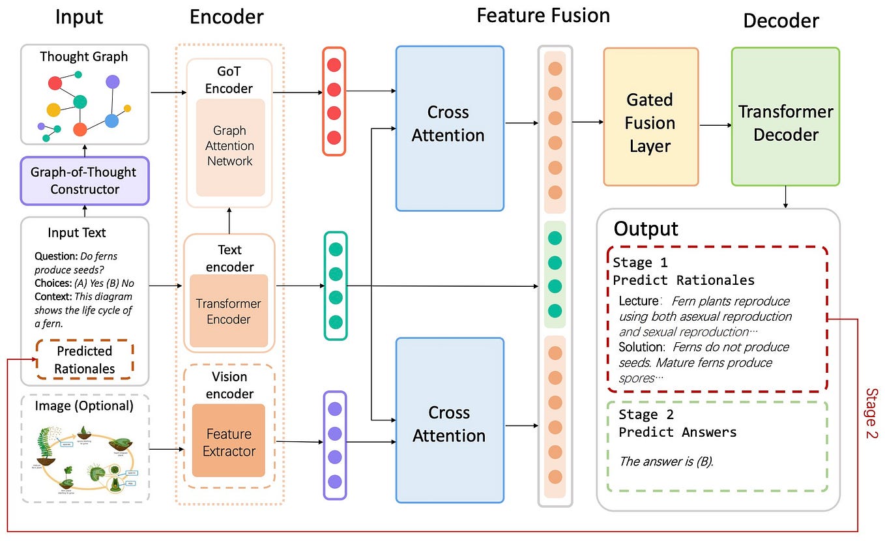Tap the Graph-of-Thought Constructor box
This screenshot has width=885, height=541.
click(x=85, y=181)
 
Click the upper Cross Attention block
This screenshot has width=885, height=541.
click(x=450, y=128)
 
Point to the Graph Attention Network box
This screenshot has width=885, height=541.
click(x=230, y=147)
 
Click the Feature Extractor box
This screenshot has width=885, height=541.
click(x=229, y=443)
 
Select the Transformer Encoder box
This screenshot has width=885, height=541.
click(x=229, y=311)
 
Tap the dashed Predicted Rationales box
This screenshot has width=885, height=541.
click(x=84, y=360)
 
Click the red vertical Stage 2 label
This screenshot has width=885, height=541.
click(x=871, y=413)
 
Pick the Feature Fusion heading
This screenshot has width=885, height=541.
click(x=543, y=16)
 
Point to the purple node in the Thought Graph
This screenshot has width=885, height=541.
click(x=113, y=81)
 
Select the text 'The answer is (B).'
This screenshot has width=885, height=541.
click(x=666, y=461)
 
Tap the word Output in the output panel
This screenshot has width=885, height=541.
click(x=646, y=229)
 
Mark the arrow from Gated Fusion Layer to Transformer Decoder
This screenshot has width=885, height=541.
click(x=714, y=124)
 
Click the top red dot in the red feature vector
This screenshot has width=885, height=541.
click(x=334, y=65)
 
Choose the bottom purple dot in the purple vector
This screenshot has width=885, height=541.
click(x=335, y=482)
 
